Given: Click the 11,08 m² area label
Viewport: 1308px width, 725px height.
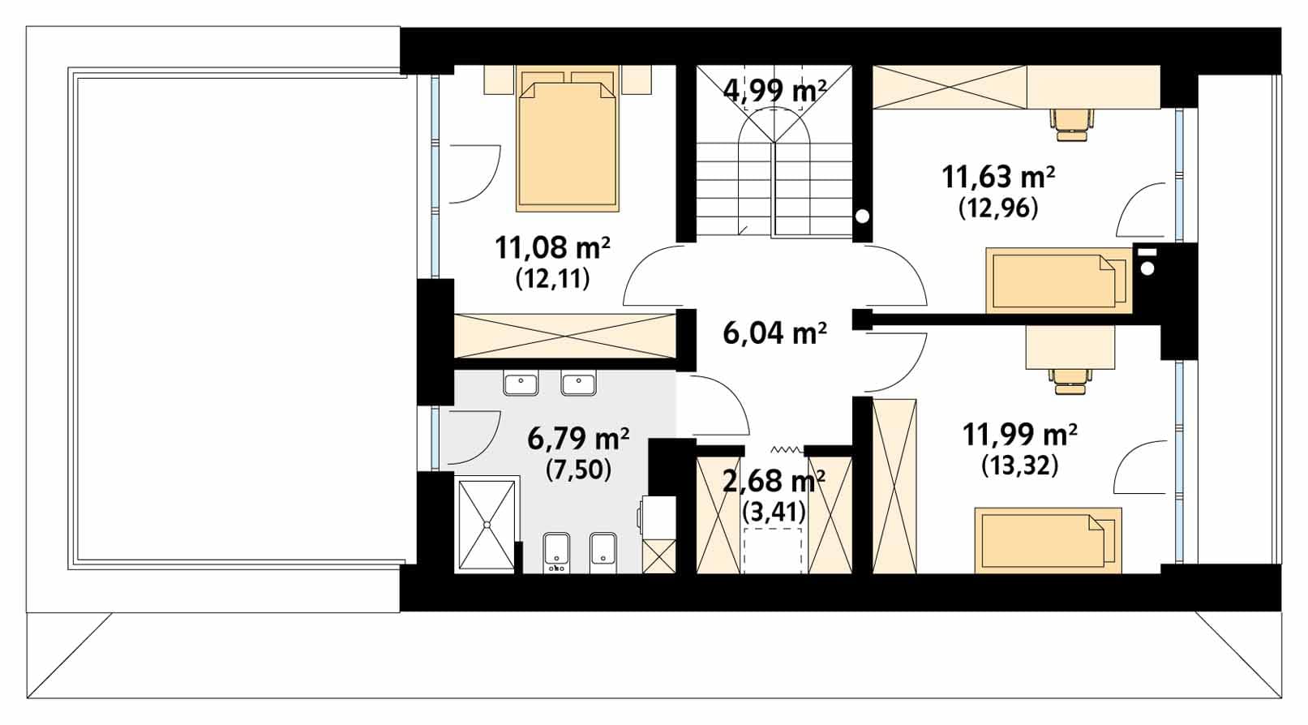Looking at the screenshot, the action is [552, 247].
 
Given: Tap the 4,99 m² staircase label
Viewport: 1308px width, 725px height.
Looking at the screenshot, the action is [774, 91].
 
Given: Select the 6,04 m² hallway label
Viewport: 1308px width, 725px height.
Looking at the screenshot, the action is [774, 333].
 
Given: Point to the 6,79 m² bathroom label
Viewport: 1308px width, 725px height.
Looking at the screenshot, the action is [578, 439].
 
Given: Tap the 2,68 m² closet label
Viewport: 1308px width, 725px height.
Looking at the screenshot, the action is [774, 480].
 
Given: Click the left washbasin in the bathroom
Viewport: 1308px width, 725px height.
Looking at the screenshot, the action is [521, 384].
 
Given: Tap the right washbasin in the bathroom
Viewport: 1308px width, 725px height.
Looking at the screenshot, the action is [579, 384].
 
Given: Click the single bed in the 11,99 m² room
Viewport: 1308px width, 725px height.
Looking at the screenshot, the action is [1049, 540].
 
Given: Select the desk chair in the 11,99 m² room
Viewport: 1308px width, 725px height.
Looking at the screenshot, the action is [1070, 380].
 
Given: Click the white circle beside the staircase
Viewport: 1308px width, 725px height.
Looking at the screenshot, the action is [862, 217].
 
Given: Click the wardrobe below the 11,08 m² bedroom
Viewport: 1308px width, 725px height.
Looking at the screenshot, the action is [564, 336].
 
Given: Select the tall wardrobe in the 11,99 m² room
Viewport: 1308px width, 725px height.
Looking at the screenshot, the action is [894, 487].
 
